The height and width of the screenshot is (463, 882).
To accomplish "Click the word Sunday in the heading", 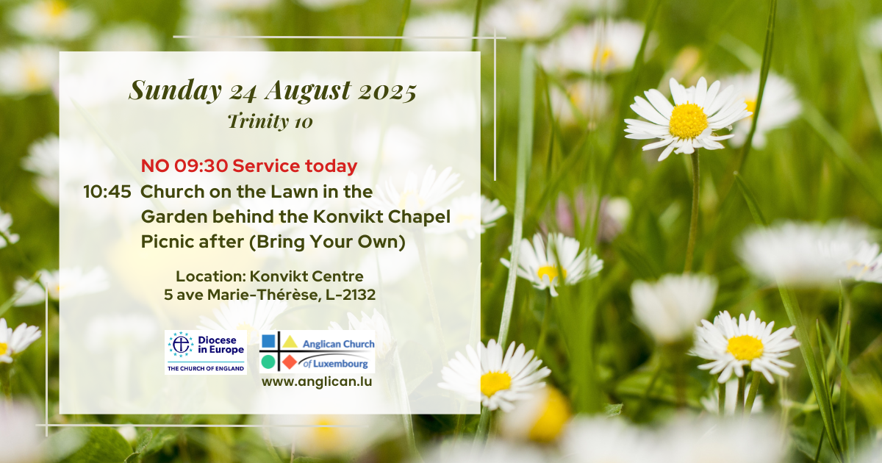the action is coord(175,91).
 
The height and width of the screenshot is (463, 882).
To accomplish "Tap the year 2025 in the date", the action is coord(387,91).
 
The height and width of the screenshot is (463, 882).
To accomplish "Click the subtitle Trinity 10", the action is coord(270,121).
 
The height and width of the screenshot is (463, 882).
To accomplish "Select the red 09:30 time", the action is coord(201,166).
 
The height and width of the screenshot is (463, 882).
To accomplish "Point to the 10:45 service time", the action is coord(107,192).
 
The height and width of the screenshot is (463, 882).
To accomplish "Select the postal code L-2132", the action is coord(351,295).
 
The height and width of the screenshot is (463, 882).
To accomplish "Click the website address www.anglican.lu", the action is coord(317,381).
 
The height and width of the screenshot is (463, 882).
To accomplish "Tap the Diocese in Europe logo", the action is coord(206,352).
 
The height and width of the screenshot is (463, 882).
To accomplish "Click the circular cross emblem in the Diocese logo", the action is coord(181,345).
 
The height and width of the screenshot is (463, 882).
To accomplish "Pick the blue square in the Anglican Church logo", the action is coord(268,341).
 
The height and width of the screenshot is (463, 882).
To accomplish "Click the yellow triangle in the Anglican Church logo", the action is coord(290,342).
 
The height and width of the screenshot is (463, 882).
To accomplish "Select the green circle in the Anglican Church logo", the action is coord(268,362).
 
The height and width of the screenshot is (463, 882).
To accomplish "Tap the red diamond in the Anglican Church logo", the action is coord(290,362).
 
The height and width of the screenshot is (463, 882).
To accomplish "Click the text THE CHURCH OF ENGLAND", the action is coord(206,368).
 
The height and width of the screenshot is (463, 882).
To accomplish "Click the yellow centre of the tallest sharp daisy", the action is coord(688,121).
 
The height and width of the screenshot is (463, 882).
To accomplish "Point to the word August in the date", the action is coord(308,91).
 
